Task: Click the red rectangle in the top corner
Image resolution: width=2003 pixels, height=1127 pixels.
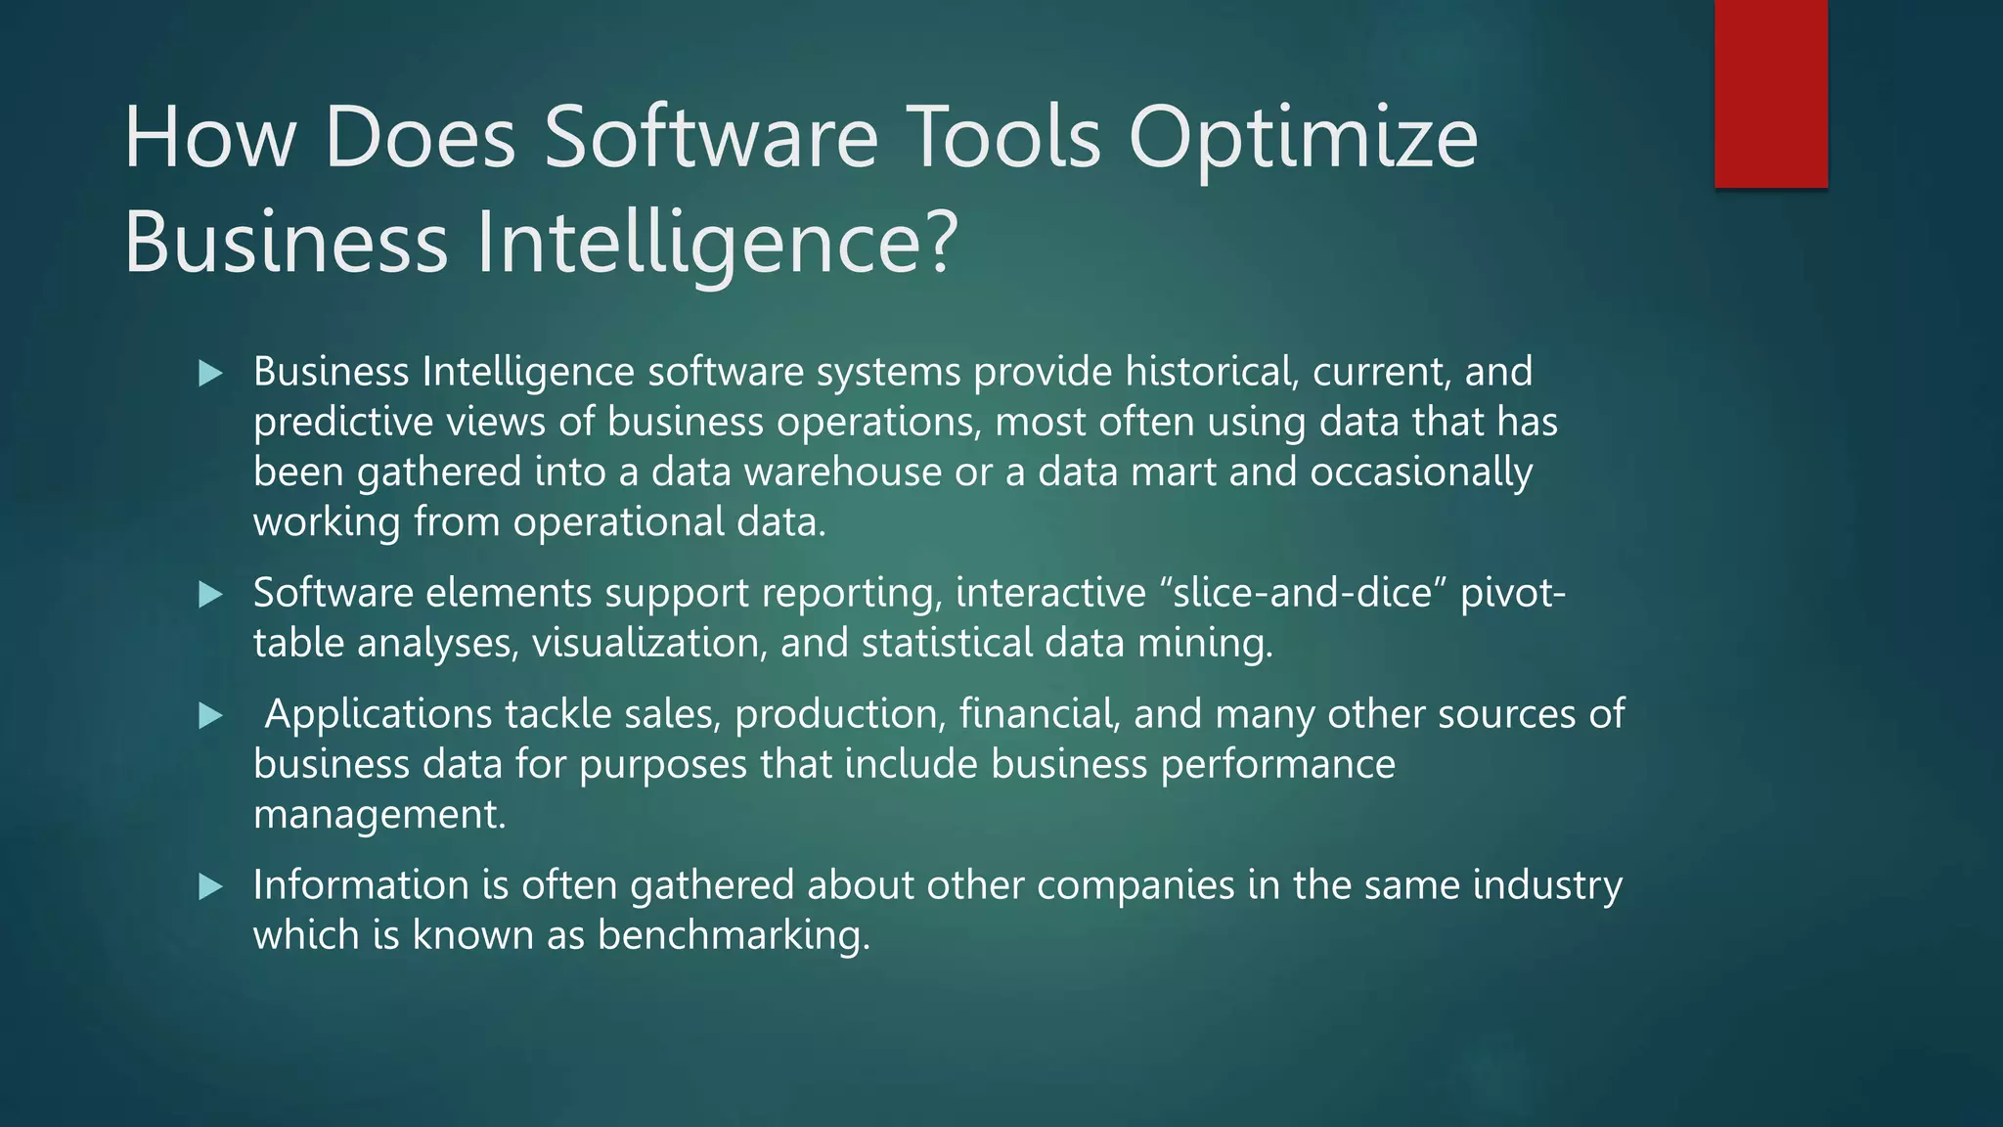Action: tap(1770, 94)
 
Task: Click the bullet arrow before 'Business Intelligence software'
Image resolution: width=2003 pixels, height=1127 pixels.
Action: tap(210, 373)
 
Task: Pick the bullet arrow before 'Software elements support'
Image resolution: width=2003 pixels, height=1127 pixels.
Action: tap(210, 594)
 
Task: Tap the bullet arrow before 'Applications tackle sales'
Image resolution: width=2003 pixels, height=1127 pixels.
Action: tap(210, 716)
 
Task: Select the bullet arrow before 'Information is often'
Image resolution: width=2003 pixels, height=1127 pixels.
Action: tap(210, 887)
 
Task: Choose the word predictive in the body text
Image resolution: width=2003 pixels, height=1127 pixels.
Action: tap(342, 423)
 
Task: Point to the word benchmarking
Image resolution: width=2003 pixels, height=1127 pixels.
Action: tap(734, 935)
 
